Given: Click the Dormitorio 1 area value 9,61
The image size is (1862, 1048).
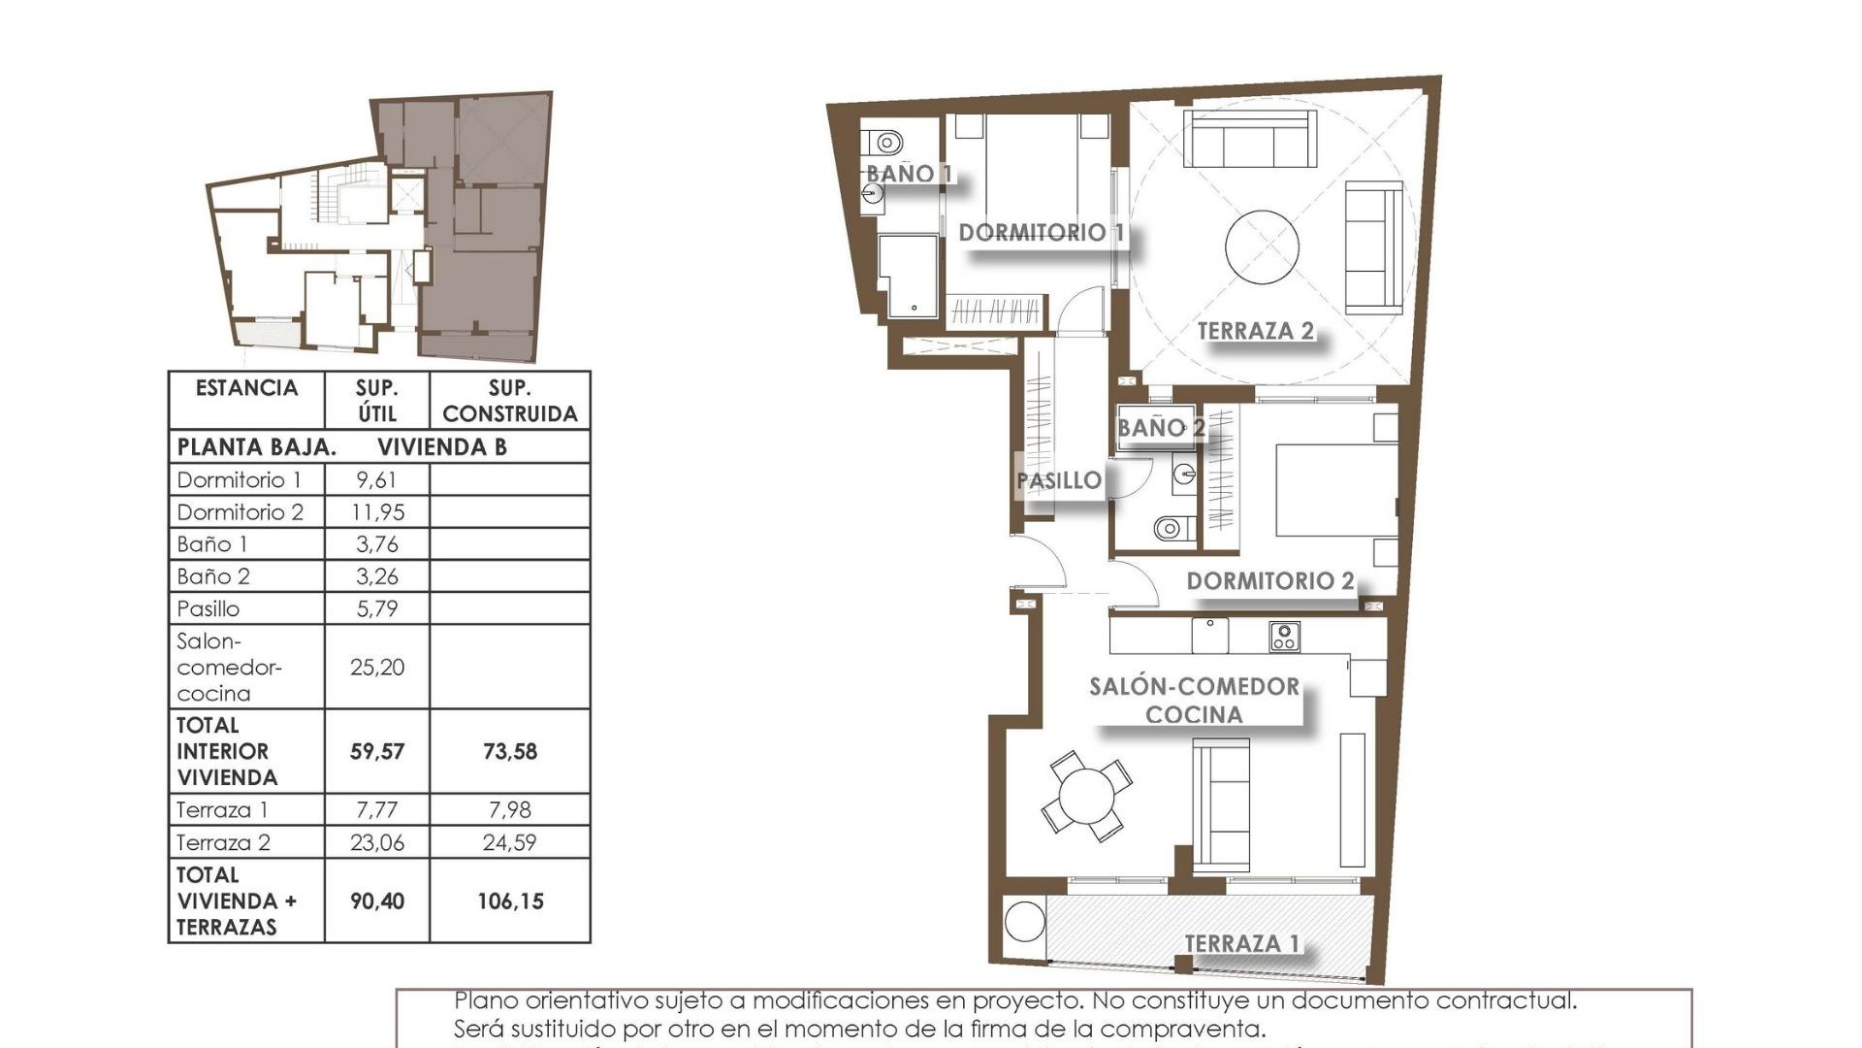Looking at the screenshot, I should click(376, 479).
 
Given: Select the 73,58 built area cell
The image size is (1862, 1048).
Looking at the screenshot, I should click(509, 751).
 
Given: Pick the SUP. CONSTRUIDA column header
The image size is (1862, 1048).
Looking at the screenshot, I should click(509, 401).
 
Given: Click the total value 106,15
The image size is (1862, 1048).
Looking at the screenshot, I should click(509, 901).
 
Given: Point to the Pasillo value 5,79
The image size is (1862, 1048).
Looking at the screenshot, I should click(376, 608).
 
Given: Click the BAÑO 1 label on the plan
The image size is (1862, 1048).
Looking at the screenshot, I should click(909, 174).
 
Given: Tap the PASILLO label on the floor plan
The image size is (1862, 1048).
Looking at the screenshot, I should click(1059, 480).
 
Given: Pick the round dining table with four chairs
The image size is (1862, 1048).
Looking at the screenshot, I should click(1087, 796).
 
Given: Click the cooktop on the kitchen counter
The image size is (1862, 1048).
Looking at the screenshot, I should click(1284, 637).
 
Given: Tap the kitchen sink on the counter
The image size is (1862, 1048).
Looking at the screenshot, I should click(1210, 636).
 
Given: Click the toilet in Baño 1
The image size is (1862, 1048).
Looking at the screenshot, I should click(886, 144).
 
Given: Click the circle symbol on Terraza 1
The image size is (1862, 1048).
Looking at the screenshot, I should click(1025, 922).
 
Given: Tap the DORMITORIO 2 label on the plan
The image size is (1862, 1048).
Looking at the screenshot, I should click(1269, 581).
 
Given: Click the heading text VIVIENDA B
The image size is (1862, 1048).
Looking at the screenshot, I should click(442, 447).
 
